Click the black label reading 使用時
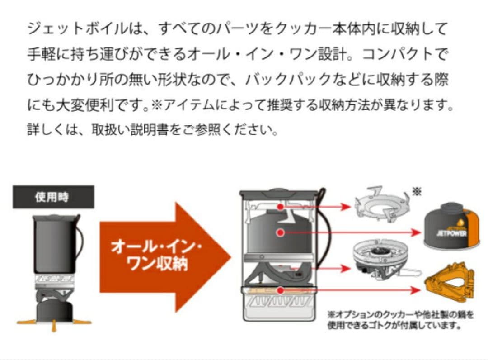[53, 197]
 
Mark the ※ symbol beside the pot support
[417, 192]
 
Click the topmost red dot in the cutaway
[281, 206]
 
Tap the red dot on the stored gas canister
[281, 232]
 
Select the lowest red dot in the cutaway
[281, 290]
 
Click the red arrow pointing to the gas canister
[352, 232]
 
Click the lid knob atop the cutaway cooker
[278, 191]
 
